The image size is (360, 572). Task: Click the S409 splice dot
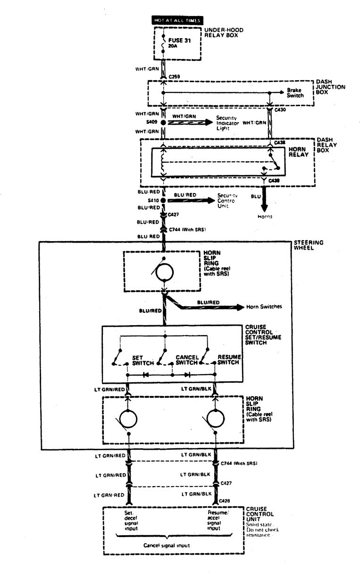(x=164, y=122)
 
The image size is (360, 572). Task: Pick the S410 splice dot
(x=164, y=200)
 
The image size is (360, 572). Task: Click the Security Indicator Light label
(x=227, y=122)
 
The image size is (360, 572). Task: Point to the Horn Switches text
(x=264, y=307)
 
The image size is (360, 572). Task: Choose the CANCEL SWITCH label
(x=186, y=360)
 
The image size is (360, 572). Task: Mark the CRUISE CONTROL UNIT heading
(x=259, y=515)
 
